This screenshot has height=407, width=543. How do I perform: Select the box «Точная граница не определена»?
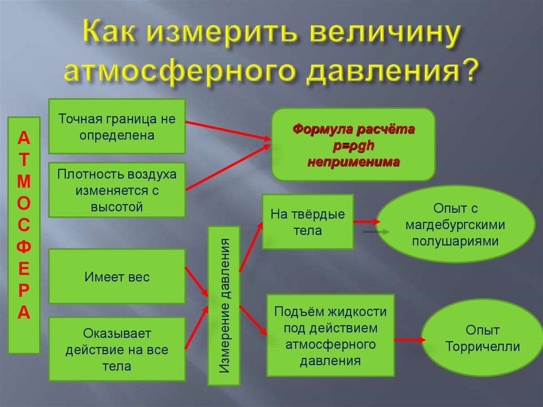tap(117, 126)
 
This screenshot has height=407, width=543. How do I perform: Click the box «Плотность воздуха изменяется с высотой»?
tap(117, 190)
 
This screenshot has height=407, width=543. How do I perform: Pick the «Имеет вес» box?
tap(117, 276)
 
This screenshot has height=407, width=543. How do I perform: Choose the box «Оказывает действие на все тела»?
tap(117, 349)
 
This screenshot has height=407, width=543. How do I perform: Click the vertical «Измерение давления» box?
tap(224, 306)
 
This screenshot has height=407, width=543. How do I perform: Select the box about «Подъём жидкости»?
tap(330, 336)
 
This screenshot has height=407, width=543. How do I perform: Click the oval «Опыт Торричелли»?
tap(483, 339)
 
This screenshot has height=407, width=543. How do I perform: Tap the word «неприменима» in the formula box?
tap(354, 161)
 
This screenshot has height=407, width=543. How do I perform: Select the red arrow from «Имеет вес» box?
tap(196, 282)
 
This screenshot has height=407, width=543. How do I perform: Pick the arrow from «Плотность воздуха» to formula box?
tap(228, 167)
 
